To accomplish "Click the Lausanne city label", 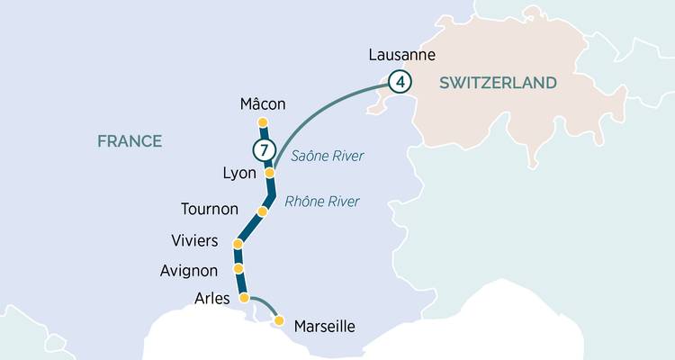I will tap(402, 56).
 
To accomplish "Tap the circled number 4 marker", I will tap(400, 82).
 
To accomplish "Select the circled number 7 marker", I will tap(263, 149).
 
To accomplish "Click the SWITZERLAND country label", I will tap(498, 83).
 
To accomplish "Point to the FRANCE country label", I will tap(130, 141).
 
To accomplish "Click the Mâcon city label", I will tap(263, 103).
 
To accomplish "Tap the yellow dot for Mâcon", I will tap(263, 122).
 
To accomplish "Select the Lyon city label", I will tap(238, 172).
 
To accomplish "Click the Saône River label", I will tap(327, 156).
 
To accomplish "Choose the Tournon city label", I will tap(210, 209).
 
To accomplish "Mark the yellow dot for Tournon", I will tap(263, 211).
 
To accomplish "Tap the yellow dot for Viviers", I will tap(238, 244).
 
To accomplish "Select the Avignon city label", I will tap(190, 269).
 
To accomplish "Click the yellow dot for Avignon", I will tap(238, 268).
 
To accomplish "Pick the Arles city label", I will tap(211, 298).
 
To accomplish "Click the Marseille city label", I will tap(325, 326).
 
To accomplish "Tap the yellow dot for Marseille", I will tap(279, 320).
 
